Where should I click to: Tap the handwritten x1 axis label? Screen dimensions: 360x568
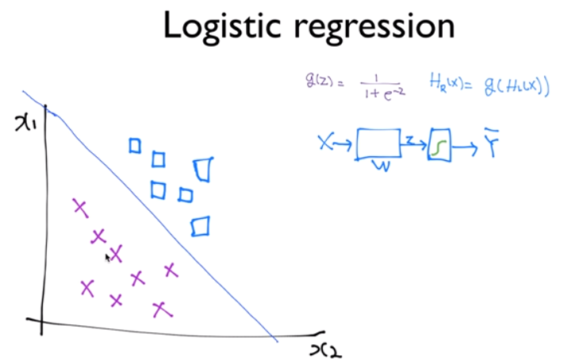coord(25,124)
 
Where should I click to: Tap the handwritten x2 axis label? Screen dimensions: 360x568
coord(326,348)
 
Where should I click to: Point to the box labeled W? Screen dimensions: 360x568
coord(378,144)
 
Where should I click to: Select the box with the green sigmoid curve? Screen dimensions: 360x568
coord(439,144)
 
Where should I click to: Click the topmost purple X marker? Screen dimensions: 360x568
coord(79,207)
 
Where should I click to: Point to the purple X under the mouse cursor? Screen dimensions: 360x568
coord(116,254)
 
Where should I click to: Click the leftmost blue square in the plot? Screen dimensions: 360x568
coord(134,145)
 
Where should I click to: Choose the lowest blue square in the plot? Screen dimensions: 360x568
coord(201,227)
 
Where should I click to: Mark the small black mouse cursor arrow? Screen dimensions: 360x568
coord(107,256)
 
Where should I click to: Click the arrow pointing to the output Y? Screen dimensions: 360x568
coord(466,145)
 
